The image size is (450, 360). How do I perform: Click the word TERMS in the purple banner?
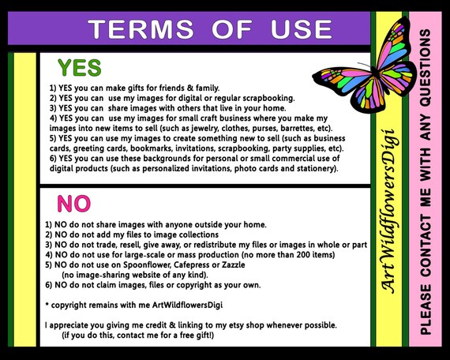coord(141,29)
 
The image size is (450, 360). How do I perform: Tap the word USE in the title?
coord(302,29)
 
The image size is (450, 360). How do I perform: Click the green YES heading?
coord(80,68)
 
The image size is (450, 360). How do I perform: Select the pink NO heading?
coord(73,204)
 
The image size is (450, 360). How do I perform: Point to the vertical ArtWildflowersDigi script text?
coord(388,211)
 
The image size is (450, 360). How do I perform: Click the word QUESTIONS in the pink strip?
coord(425,68)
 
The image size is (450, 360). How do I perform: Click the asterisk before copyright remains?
coord(47,304)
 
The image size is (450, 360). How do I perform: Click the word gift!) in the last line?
coord(205,336)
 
